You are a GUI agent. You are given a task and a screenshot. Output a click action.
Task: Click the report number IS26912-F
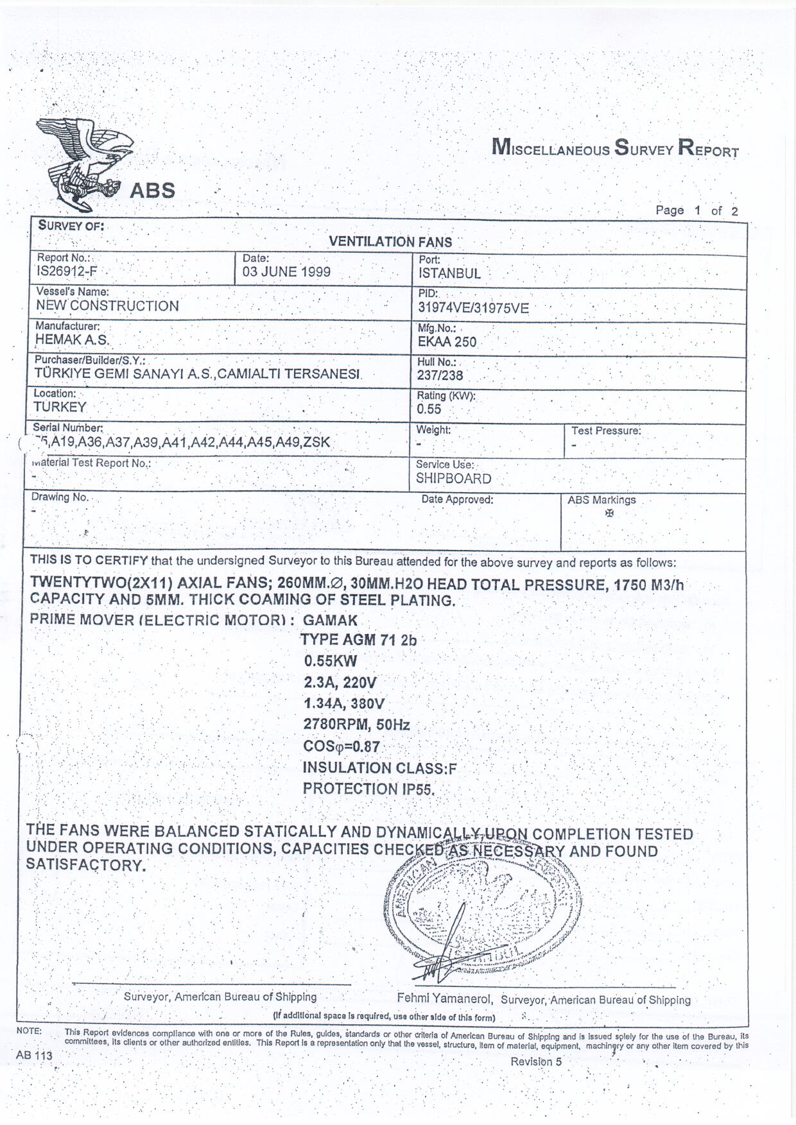click(x=67, y=271)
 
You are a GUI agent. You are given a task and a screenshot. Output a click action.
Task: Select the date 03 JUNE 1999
click(x=286, y=272)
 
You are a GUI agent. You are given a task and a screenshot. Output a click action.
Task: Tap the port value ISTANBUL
click(x=449, y=273)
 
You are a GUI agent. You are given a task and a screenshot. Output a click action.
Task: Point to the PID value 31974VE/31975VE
click(x=473, y=308)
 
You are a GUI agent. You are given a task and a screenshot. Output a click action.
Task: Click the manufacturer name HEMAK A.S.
click(x=72, y=340)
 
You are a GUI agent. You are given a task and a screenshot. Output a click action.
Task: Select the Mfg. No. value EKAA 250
click(x=447, y=342)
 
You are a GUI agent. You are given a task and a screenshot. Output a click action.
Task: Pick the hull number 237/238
click(x=440, y=376)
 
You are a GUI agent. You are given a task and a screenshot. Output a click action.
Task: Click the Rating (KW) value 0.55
click(x=429, y=409)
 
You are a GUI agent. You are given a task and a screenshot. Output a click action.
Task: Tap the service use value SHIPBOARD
click(x=453, y=479)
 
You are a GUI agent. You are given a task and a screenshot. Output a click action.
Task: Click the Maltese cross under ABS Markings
click(x=609, y=513)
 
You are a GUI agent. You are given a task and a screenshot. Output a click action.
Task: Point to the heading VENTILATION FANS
click(x=390, y=242)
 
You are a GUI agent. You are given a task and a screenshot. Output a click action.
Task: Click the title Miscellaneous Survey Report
click(x=615, y=148)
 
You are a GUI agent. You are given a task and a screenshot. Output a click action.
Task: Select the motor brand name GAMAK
click(x=330, y=621)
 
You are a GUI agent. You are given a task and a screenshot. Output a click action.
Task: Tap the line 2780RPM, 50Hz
click(x=356, y=725)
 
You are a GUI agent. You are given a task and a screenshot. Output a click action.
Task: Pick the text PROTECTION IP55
click(x=368, y=789)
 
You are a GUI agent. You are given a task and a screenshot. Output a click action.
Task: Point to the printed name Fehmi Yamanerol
click(x=444, y=999)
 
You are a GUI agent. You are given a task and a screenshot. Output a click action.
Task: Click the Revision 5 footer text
click(x=536, y=1061)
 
